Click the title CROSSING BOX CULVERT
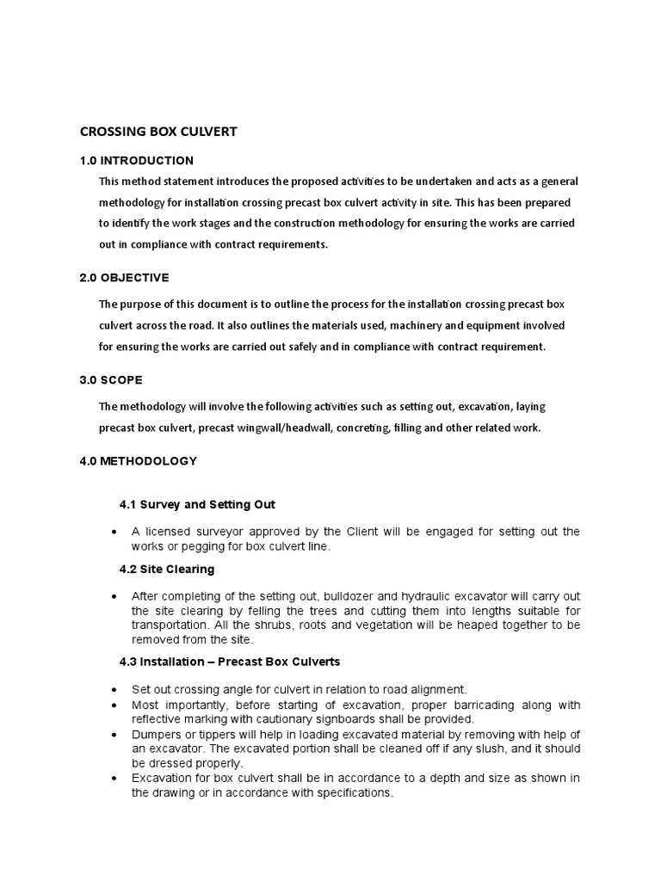coord(158,132)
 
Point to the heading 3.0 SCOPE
coord(111,379)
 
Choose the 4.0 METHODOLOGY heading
coord(138,461)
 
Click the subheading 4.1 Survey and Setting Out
coord(197,504)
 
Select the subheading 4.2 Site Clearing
coord(167,570)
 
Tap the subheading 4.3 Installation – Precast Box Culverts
coord(230,662)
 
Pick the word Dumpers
coord(157,733)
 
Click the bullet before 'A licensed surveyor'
coord(114,533)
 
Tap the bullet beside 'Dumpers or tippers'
coord(114,734)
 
